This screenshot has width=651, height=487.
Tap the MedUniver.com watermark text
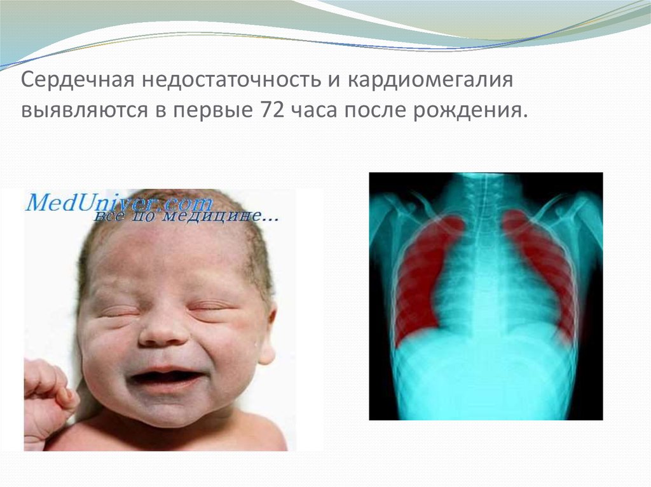118,203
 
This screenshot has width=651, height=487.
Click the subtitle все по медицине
184,218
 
